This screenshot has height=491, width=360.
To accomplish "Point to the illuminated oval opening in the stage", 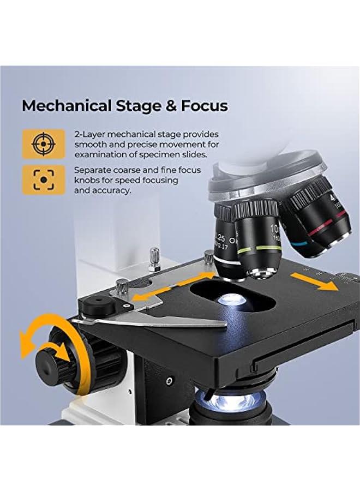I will [x=230, y=299].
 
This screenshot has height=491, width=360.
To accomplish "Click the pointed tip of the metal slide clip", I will [x=223, y=325].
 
